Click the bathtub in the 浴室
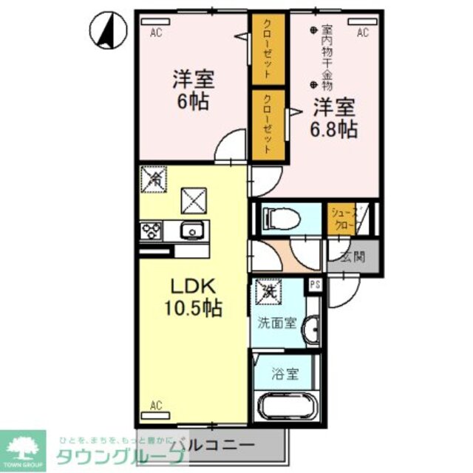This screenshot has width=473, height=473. click(285, 409)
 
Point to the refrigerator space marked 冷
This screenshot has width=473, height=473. click(154, 179)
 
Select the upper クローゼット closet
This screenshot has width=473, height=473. click(267, 50)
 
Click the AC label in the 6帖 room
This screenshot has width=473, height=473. click(156, 33)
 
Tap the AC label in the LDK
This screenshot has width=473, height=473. click(156, 405)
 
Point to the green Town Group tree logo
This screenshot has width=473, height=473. click(22, 447)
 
